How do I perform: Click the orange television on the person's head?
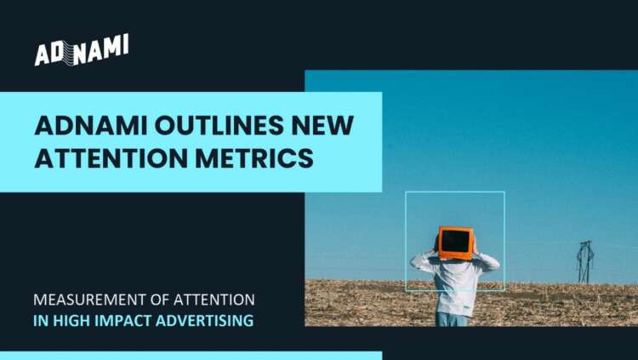click(455, 243)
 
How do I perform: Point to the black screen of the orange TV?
click(455, 242)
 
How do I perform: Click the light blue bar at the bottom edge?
click(191, 355)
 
